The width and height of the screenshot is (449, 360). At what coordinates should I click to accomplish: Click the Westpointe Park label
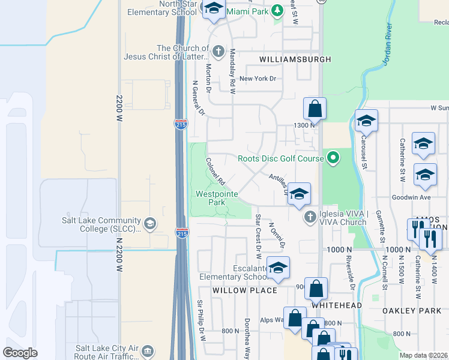coord(217,199)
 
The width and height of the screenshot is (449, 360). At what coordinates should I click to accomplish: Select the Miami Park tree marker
coord(277,11)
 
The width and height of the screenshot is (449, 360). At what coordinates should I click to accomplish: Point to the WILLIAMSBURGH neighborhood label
coord(295,59)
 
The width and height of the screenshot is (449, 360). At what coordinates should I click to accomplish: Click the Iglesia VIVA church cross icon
coord(310,217)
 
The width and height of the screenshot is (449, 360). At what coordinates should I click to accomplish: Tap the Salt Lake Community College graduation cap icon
coord(150,224)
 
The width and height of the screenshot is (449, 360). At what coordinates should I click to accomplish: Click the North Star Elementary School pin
coord(214,9)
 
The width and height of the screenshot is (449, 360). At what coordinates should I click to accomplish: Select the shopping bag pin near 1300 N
coord(315,109)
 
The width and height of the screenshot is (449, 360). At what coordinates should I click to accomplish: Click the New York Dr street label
coord(258,79)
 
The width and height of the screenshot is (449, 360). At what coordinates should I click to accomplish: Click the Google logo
coord(20,353)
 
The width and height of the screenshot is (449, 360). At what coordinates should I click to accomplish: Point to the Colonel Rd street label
coord(215,172)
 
